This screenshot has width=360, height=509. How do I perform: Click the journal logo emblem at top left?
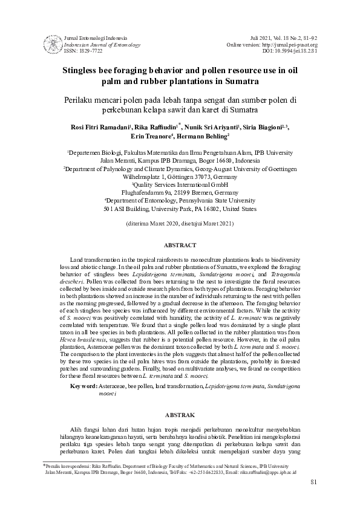click(52, 44)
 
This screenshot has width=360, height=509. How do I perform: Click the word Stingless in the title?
click(83, 70)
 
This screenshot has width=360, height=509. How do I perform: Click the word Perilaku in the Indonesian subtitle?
click(81, 99)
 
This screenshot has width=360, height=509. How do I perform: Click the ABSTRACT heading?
click(180, 245)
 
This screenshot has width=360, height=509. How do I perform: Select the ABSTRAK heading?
click(180, 415)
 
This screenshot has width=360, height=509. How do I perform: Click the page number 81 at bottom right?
click(313, 482)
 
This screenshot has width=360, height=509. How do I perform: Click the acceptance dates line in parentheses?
click(180, 223)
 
